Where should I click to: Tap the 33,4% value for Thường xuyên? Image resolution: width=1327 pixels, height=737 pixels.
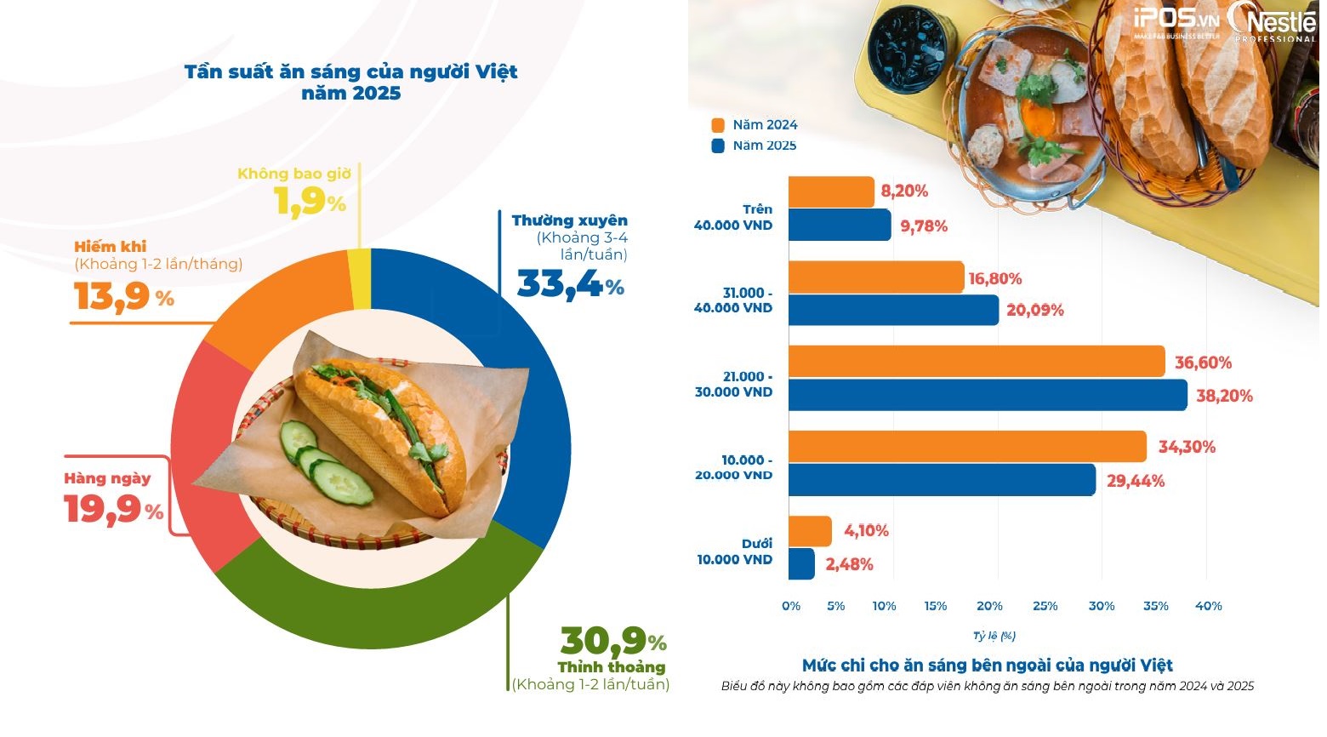(x=570, y=285)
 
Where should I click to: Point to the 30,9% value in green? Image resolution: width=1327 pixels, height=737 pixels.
(x=612, y=640)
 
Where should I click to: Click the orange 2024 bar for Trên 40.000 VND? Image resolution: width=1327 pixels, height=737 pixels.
(x=831, y=191)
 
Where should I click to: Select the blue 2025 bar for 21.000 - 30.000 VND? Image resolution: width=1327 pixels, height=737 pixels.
(x=987, y=395)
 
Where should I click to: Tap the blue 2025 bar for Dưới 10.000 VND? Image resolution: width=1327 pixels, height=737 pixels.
(x=801, y=563)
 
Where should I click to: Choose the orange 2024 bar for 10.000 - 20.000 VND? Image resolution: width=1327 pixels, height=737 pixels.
(x=967, y=447)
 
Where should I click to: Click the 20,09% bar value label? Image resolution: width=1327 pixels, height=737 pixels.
(x=1034, y=311)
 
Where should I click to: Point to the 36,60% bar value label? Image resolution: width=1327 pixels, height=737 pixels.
(x=1203, y=363)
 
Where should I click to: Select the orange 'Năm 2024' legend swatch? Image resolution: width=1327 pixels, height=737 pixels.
(x=718, y=125)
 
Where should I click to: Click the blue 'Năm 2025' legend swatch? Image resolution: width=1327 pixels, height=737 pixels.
(x=718, y=146)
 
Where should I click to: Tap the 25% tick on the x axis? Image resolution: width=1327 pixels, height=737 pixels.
(x=1045, y=606)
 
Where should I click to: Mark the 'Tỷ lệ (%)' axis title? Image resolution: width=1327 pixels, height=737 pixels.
(x=994, y=636)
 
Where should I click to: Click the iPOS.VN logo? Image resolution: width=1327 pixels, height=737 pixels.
(x=1176, y=22)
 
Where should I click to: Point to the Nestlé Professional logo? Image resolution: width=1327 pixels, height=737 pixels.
(x=1273, y=22)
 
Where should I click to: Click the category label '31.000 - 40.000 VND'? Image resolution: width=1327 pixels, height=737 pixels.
(x=733, y=300)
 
